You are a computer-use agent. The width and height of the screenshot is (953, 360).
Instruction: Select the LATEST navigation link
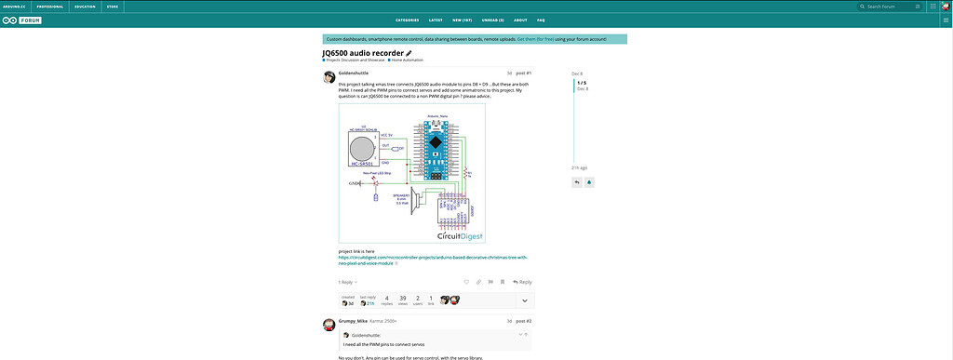tap(436, 20)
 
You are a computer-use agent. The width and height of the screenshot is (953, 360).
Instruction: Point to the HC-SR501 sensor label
tap(360, 165)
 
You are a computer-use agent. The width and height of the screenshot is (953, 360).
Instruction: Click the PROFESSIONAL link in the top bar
tap(49, 6)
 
